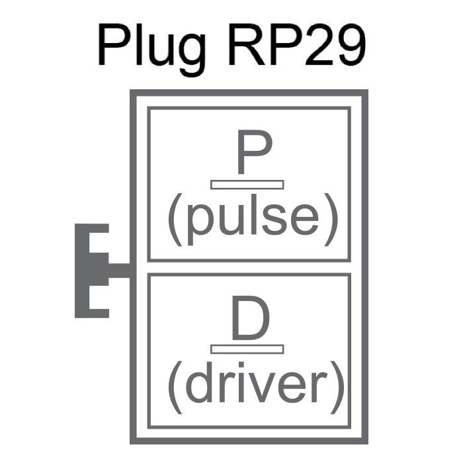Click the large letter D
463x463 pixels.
251,319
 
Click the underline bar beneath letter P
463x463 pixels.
247,185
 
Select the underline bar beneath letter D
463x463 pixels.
247,349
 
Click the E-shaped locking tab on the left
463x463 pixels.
93,271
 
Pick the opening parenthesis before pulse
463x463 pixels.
175,220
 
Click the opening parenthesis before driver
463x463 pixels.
175,385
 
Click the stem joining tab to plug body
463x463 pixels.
119,271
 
